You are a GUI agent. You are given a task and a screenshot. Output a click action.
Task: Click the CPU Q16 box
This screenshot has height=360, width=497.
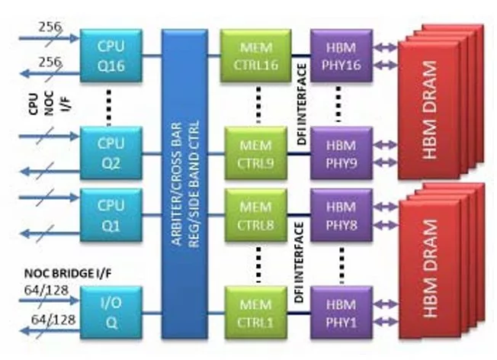(x=111, y=56)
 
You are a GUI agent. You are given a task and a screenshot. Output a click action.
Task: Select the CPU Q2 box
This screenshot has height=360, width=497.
(x=111, y=153)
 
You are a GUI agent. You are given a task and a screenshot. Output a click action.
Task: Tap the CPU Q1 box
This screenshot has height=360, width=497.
(x=111, y=215)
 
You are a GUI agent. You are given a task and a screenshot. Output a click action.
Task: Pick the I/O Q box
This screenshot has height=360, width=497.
(x=111, y=313)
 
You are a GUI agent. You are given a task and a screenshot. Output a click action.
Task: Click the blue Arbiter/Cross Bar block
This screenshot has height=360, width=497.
(x=184, y=184)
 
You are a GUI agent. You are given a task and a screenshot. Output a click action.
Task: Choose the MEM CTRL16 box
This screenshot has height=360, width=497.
(x=256, y=56)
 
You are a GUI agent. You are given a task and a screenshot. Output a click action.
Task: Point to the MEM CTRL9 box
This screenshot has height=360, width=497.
(x=256, y=153)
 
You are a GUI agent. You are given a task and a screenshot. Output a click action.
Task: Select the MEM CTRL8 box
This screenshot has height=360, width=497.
(x=256, y=215)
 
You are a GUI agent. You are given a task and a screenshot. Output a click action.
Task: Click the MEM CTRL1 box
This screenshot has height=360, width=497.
(x=256, y=313)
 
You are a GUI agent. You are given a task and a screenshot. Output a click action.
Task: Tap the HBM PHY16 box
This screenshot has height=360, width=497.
(x=341, y=56)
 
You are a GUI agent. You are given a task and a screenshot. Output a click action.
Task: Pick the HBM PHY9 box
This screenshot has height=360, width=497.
(x=341, y=153)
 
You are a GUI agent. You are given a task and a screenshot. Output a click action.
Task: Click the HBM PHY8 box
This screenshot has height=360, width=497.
(x=341, y=215)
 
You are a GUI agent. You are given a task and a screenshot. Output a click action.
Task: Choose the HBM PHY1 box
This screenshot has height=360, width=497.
(x=341, y=313)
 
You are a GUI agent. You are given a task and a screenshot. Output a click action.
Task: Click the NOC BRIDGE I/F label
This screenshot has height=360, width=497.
(x=68, y=273)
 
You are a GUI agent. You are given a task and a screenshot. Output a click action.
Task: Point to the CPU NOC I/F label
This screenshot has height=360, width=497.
(x=50, y=103)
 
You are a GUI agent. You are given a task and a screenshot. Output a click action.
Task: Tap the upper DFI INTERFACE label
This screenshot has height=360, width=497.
(x=302, y=104)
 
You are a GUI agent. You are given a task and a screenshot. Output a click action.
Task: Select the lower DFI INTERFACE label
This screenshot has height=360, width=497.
(x=300, y=262)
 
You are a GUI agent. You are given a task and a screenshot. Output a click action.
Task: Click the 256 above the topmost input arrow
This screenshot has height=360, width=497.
(x=50, y=27)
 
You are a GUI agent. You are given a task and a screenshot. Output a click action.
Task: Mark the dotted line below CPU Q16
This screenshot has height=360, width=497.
(x=109, y=108)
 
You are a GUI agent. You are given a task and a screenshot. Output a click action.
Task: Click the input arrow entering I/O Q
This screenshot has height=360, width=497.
(x=49, y=300)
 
